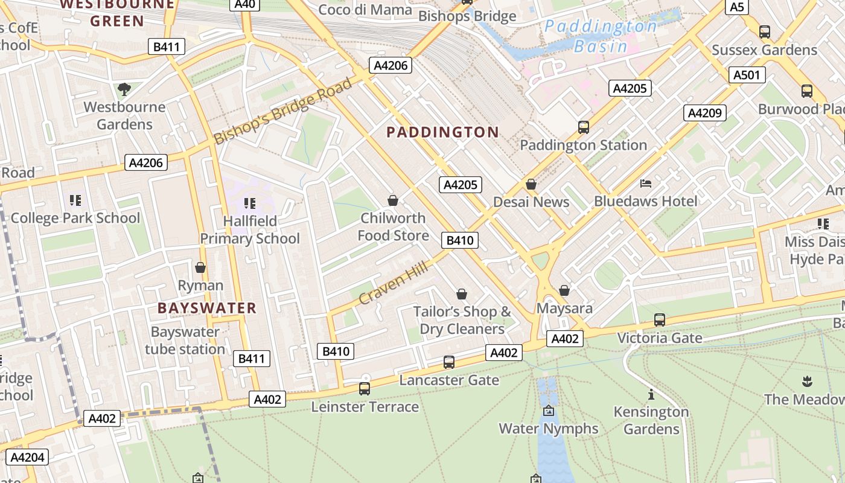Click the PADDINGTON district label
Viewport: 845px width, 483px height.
point(442,132)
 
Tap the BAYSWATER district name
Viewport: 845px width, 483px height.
point(207,308)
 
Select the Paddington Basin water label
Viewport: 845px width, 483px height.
point(600,36)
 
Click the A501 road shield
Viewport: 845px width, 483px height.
point(748,75)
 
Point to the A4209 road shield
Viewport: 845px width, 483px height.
point(704,113)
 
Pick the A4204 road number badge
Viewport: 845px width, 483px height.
point(28,457)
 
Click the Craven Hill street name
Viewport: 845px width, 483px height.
point(394,283)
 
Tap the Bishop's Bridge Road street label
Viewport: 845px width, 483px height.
point(282,111)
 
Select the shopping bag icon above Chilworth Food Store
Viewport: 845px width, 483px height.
point(393,200)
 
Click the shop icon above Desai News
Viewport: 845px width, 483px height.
point(531,184)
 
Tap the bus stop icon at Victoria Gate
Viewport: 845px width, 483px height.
point(659,320)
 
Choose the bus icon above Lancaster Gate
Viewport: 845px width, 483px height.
point(448,362)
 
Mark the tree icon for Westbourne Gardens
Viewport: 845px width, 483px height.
point(124,89)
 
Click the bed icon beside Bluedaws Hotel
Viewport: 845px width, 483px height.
point(645,183)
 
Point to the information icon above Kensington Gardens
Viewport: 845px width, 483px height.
point(651,395)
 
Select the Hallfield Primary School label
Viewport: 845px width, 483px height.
point(250,230)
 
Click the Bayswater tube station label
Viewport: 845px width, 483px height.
point(185,341)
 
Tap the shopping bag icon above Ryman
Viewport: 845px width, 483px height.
point(200,267)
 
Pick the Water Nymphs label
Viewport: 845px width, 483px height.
point(548,429)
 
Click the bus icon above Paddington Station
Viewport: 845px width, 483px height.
point(583,127)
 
